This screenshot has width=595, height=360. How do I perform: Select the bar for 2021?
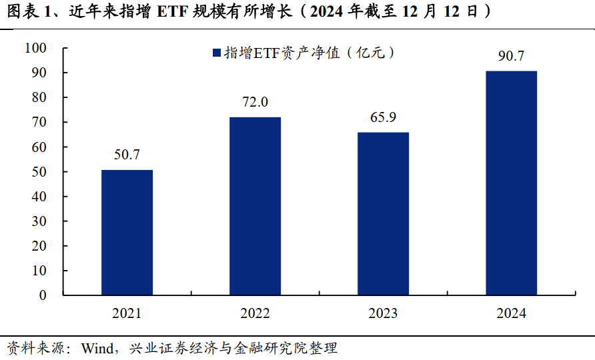(x=127, y=232)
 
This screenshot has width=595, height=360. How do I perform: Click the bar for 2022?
(x=255, y=205)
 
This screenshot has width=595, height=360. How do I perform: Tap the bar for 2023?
(x=383, y=213)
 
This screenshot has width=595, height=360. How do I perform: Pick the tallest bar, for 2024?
(x=511, y=183)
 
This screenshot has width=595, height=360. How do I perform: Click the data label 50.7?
(x=127, y=155)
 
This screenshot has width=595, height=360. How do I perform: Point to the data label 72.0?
(x=255, y=102)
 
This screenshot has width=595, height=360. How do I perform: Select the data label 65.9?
(x=383, y=117)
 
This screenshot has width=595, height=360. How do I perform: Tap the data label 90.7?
(x=511, y=56)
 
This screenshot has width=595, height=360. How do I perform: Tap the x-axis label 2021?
(x=127, y=313)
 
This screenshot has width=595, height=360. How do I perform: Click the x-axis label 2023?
(x=383, y=313)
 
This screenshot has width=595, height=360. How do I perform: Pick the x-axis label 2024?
(x=511, y=313)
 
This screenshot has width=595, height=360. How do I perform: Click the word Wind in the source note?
(x=97, y=348)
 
